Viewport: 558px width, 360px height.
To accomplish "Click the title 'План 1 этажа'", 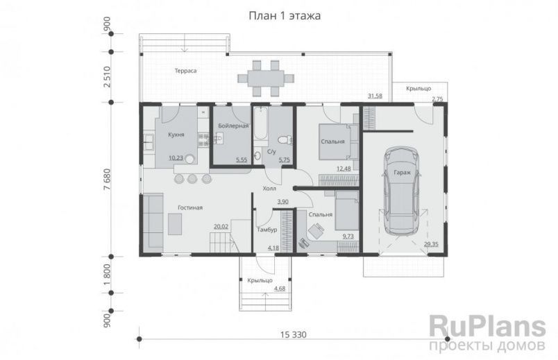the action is [x=285, y=16].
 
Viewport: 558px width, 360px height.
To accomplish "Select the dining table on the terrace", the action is [x=266, y=78].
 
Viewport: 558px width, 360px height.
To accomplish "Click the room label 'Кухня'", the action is [x=176, y=135].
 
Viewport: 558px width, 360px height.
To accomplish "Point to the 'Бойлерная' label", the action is [x=233, y=126].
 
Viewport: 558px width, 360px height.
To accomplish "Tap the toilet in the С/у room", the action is [x=285, y=140].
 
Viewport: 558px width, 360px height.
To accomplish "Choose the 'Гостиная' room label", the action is [x=190, y=208].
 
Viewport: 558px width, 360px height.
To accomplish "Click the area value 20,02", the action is [x=221, y=226].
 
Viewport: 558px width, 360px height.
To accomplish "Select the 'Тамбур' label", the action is [x=267, y=230].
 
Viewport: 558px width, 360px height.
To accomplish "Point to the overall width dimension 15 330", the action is [x=294, y=335].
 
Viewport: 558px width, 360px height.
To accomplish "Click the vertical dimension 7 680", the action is [x=107, y=179].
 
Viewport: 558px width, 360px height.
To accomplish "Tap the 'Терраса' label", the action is [x=185, y=71].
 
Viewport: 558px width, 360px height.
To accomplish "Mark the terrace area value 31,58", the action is [x=375, y=96].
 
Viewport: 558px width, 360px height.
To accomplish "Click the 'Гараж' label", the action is [x=402, y=173].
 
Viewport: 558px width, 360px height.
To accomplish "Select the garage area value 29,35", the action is [x=431, y=244].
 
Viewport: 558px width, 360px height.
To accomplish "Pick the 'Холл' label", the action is [x=269, y=189].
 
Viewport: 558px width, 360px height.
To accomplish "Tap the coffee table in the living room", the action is [x=175, y=224].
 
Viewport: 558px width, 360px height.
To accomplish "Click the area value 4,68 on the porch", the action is [x=280, y=289].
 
